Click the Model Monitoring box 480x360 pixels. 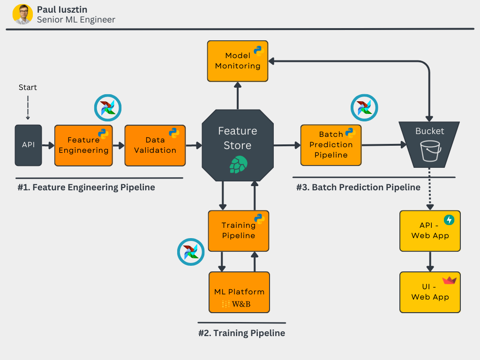point(238,61)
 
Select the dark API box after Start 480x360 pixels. point(28,145)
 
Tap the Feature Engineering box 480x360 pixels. point(83,145)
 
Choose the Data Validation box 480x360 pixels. point(155,145)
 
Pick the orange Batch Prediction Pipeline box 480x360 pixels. point(331,145)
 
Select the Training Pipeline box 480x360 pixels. point(239,231)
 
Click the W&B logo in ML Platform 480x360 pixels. point(237,304)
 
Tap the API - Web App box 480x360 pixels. point(430,231)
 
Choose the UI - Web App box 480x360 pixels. point(430,292)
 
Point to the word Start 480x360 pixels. point(28,87)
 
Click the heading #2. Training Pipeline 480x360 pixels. point(241,333)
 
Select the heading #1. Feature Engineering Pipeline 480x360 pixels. point(86,187)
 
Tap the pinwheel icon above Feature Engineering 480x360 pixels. point(108,108)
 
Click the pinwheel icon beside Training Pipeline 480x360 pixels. point(191,252)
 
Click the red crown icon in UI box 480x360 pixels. point(449,280)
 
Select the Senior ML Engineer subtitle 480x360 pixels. point(76,20)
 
